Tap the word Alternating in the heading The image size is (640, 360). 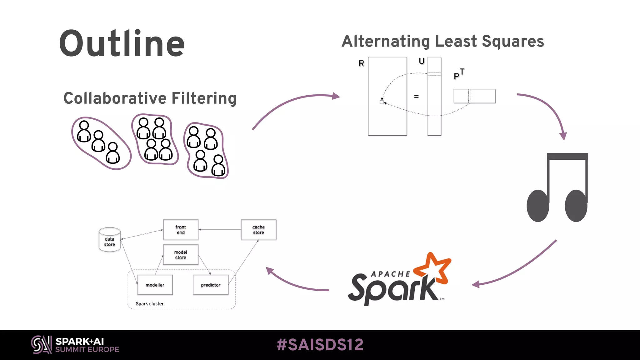[x=386, y=41]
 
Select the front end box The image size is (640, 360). [x=181, y=230]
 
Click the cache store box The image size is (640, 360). [x=258, y=230]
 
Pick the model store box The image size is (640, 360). [x=181, y=255]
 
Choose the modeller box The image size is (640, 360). [x=155, y=285]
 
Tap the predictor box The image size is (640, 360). [x=211, y=285]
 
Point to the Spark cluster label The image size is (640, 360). [x=149, y=304]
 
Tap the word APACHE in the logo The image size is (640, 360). [x=391, y=274]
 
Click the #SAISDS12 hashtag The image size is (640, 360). [x=320, y=345]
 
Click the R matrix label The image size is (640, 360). [x=361, y=63]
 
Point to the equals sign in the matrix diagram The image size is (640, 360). [x=416, y=97]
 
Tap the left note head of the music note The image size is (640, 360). [x=538, y=206]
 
